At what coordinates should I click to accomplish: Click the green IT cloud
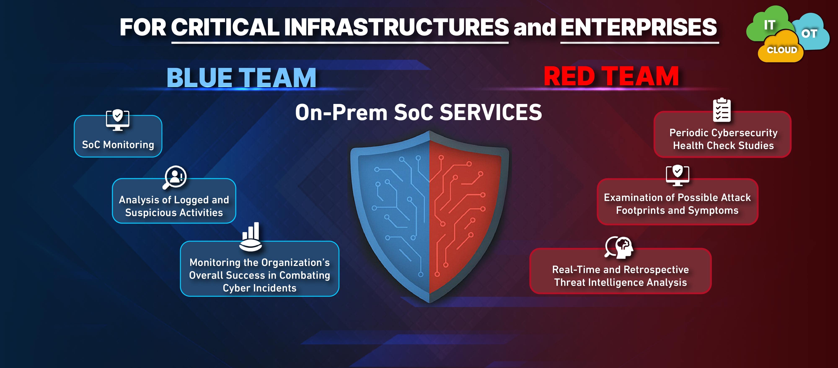[x=768, y=24]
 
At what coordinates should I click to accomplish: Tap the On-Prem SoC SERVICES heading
[x=419, y=112]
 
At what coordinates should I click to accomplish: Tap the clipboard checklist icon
[x=722, y=110]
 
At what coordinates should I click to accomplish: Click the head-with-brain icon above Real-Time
[x=619, y=247]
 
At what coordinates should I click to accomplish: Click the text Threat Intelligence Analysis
[x=621, y=282]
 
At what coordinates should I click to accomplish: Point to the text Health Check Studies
[x=723, y=145]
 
